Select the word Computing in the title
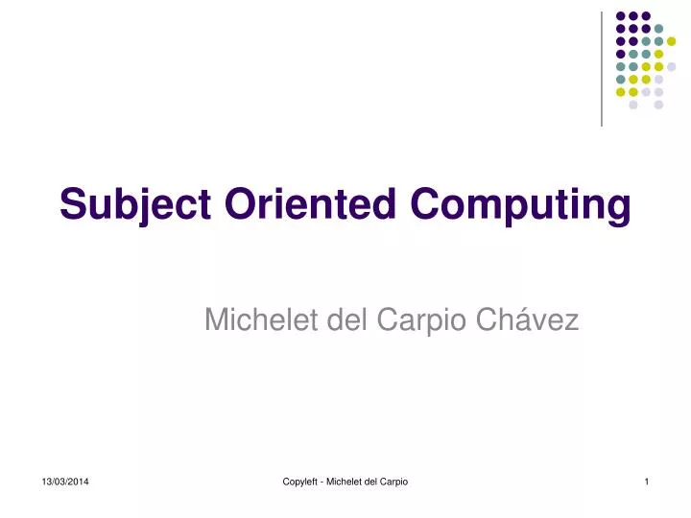coord(521,204)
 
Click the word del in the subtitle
coord(348,320)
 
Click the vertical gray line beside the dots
coord(602,67)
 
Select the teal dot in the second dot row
coord(658,29)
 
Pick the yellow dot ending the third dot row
coord(671,41)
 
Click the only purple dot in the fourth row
coord(621,55)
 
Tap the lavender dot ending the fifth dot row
coord(671,67)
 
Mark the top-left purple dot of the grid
coord(621,16)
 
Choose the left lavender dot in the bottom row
coord(633,105)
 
